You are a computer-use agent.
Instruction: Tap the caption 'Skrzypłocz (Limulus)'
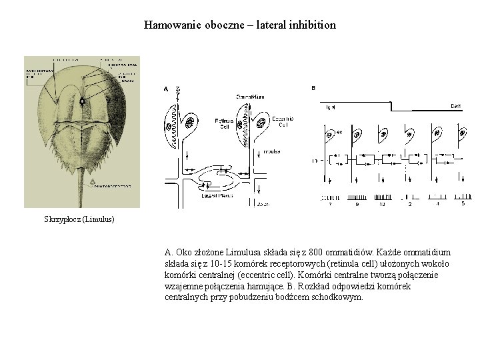coord(79,219)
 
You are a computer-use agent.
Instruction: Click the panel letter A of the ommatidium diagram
coord(166,89)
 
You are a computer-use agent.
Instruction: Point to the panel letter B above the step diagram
coord(313,88)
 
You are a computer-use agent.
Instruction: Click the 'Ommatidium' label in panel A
coord(250,97)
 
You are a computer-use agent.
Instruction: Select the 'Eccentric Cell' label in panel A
coord(283,121)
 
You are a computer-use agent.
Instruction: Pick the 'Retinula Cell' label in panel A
coord(223,123)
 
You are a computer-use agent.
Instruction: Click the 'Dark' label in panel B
coord(456,106)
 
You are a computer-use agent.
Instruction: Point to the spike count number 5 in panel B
coord(463,203)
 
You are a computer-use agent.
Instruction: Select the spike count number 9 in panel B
coord(357,204)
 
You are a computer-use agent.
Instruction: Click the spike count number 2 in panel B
coord(410,204)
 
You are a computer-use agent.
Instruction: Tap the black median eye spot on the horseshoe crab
coord(82,101)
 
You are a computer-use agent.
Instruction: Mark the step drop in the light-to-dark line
coord(391,106)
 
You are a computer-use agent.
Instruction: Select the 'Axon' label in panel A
coord(263,203)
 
